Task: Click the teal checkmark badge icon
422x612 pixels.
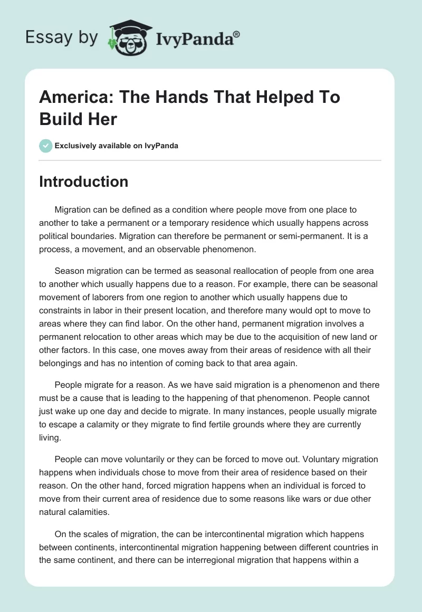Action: (x=45, y=146)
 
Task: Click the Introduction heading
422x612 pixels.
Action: (x=83, y=181)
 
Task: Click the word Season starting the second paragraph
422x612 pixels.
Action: (x=69, y=271)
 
